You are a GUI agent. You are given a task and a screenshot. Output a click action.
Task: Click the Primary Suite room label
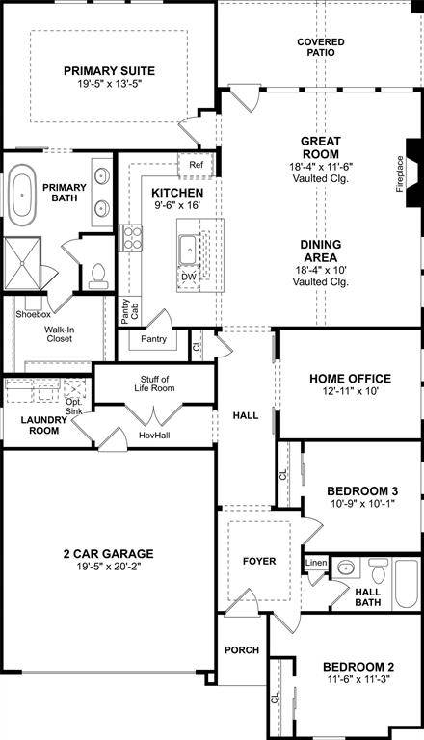(x=109, y=70)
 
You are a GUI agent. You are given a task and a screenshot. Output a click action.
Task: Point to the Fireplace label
(x=400, y=173)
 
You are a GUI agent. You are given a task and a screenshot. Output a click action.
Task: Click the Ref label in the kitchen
(x=196, y=165)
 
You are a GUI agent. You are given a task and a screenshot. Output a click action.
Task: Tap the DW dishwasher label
(x=189, y=277)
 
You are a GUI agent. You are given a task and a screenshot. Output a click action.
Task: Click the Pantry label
(x=153, y=339)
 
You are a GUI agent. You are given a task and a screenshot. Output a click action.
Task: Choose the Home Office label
(x=350, y=378)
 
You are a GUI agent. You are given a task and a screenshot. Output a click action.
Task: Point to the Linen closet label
(x=315, y=562)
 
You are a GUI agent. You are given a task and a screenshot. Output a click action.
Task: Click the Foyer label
(x=259, y=561)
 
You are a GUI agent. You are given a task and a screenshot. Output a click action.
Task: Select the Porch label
(x=241, y=650)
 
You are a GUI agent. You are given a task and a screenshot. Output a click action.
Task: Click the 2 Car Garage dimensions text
(x=107, y=568)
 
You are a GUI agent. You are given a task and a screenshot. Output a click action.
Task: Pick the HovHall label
(x=153, y=436)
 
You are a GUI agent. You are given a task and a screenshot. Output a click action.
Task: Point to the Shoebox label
(x=32, y=314)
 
